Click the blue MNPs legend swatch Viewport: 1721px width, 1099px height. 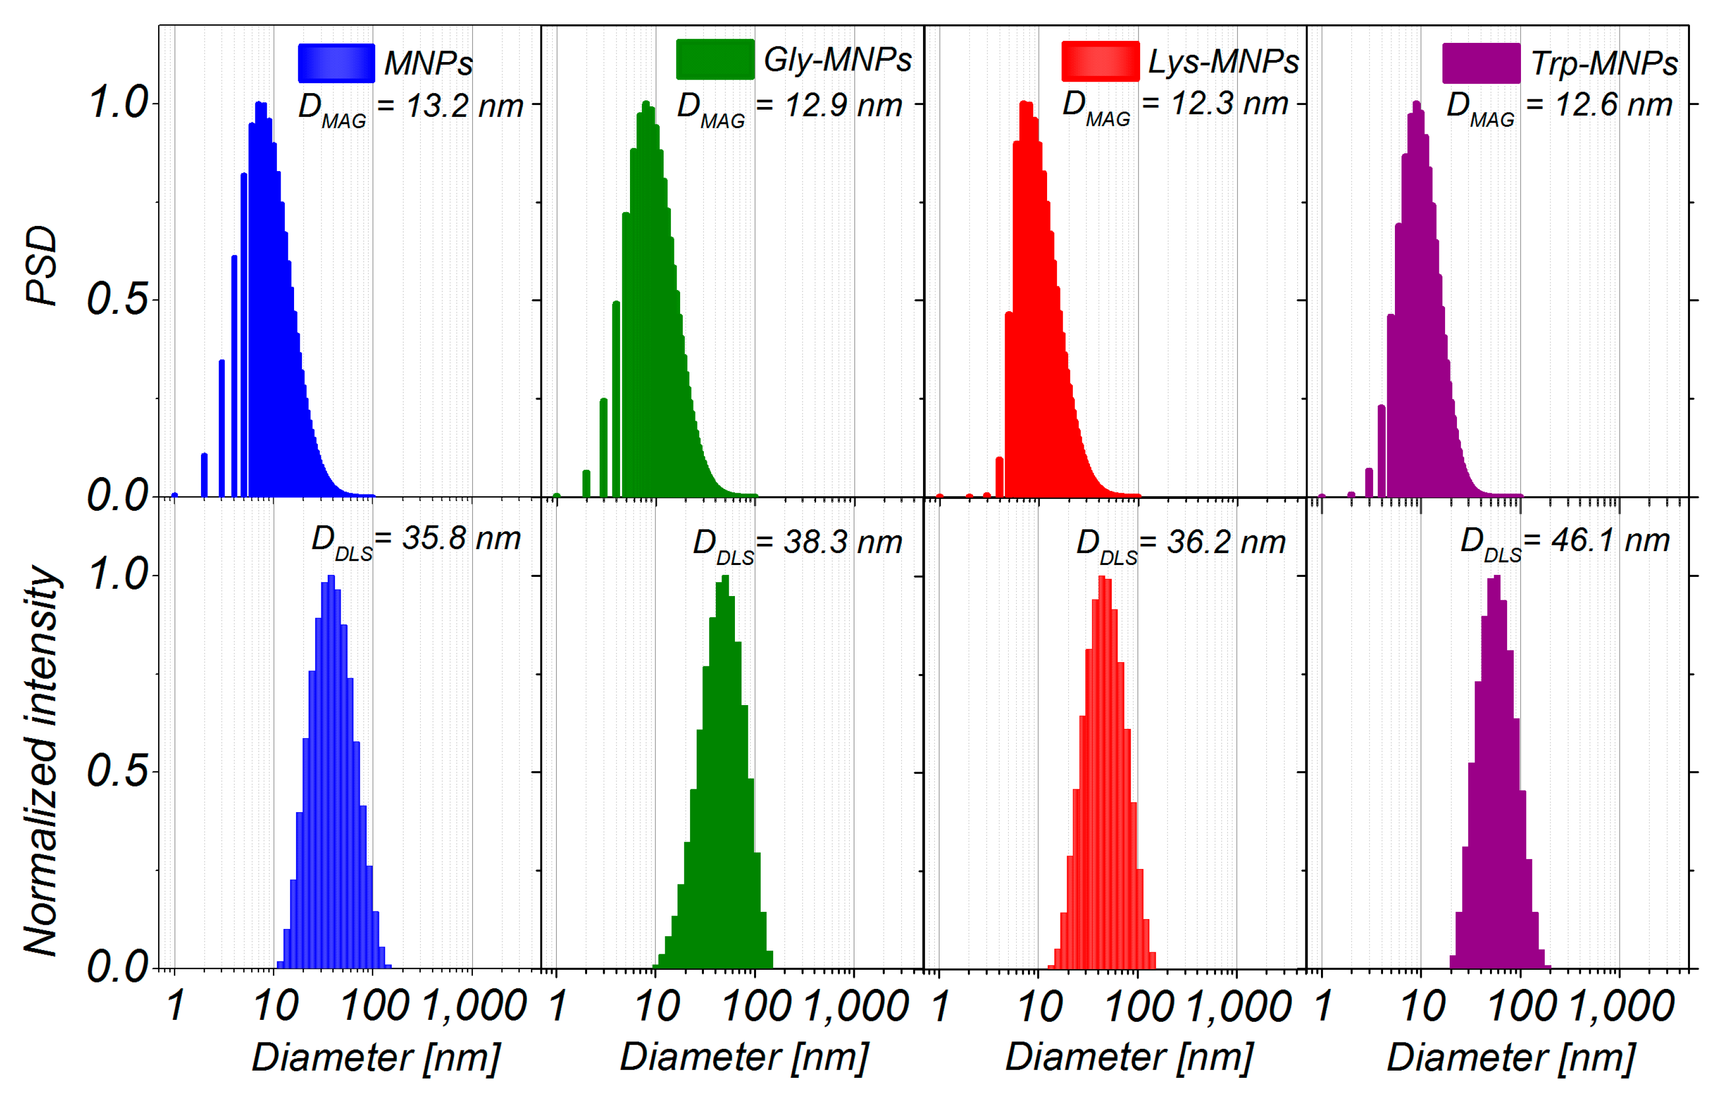(x=336, y=63)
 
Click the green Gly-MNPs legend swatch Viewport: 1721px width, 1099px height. (x=715, y=59)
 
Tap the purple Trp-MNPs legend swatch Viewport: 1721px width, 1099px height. (x=1481, y=63)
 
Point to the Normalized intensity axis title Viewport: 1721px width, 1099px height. (x=41, y=761)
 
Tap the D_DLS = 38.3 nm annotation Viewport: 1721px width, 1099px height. (x=797, y=543)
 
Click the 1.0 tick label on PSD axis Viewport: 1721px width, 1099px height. (x=118, y=102)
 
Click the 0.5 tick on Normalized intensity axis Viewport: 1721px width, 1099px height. (x=118, y=771)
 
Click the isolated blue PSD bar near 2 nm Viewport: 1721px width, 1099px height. (x=205, y=476)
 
